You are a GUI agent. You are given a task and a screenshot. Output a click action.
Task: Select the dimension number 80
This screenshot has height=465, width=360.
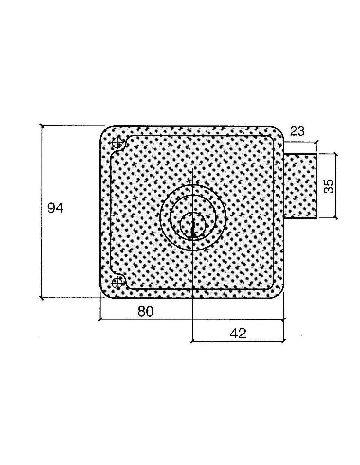point(146,311)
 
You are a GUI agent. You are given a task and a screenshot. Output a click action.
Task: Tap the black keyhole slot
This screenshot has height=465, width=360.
point(193,230)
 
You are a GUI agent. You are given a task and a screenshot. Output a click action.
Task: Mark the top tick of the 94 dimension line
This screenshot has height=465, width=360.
point(42,126)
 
